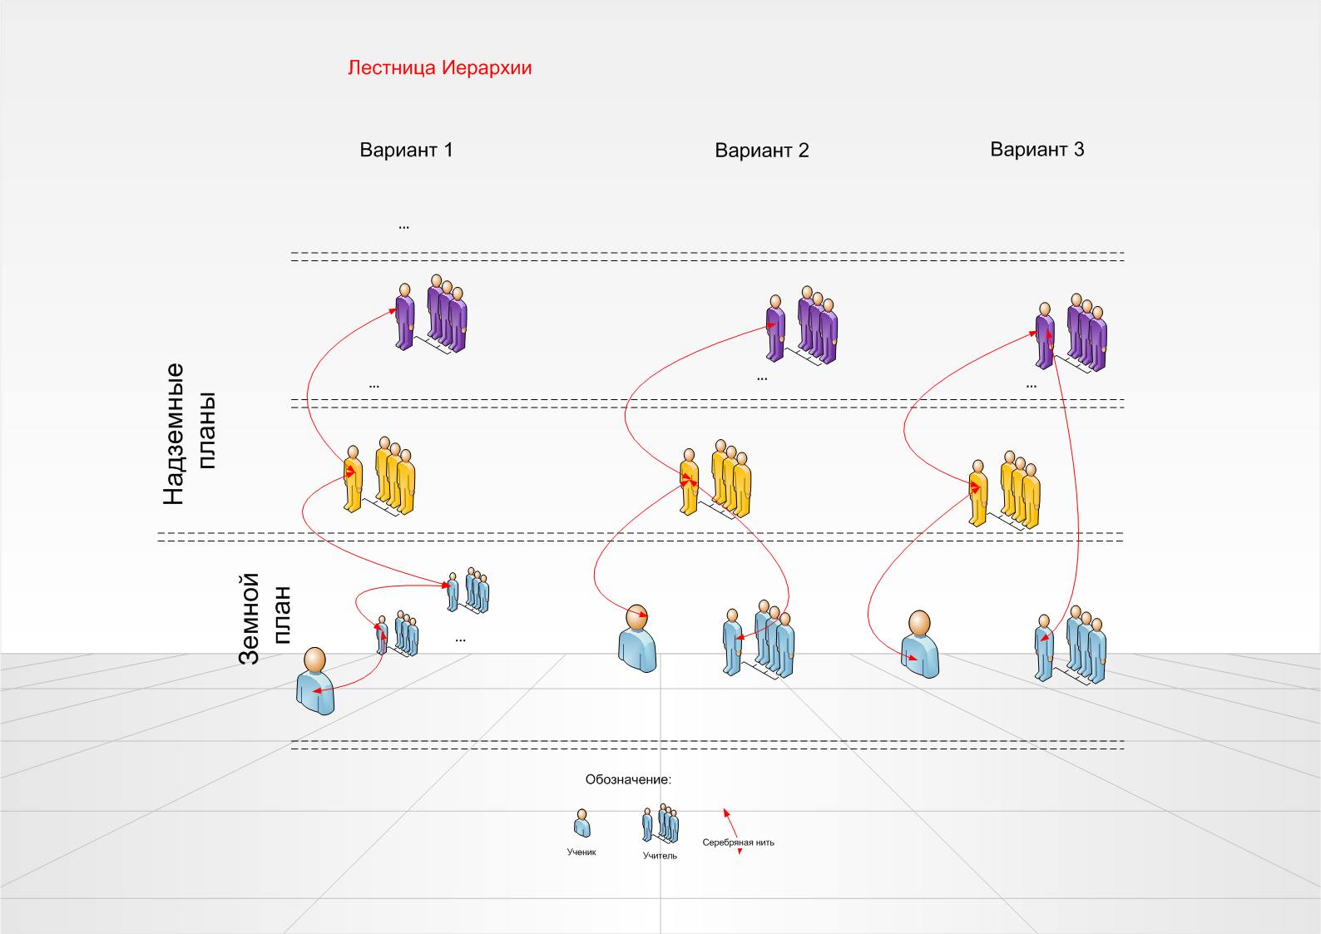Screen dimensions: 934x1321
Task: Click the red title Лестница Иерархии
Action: pyautogui.click(x=439, y=68)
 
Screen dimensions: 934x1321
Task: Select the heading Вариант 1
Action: pyautogui.click(x=406, y=151)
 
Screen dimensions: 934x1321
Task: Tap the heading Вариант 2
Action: pyautogui.click(x=761, y=151)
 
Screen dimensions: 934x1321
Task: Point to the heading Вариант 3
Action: pyautogui.click(x=1037, y=150)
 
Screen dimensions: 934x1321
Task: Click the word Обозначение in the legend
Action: pyautogui.click(x=628, y=780)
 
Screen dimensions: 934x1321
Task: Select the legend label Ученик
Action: pyautogui.click(x=581, y=852)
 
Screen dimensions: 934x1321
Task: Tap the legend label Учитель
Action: pyautogui.click(x=660, y=856)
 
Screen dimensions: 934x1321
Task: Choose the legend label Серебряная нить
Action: pyautogui.click(x=738, y=843)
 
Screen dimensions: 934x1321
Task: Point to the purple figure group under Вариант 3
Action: pyautogui.click(x=1072, y=332)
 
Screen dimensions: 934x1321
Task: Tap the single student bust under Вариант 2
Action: pyautogui.click(x=637, y=638)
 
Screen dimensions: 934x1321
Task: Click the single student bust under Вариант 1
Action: pyautogui.click(x=315, y=681)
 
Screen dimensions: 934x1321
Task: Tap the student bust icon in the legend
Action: pyautogui.click(x=582, y=823)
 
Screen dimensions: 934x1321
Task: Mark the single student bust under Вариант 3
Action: pyautogui.click(x=919, y=644)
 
